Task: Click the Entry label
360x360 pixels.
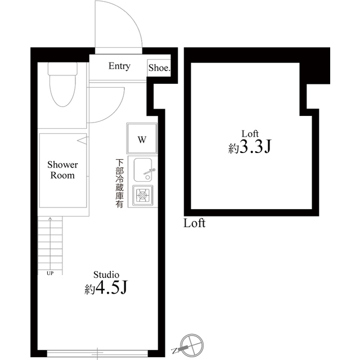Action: coord(119,66)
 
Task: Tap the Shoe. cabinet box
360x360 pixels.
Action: coord(159,68)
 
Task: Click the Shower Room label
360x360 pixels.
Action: coord(62,170)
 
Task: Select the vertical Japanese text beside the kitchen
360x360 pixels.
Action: coord(119,184)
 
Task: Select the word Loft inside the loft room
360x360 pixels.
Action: coord(250,133)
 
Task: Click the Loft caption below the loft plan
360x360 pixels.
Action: coord(195,223)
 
